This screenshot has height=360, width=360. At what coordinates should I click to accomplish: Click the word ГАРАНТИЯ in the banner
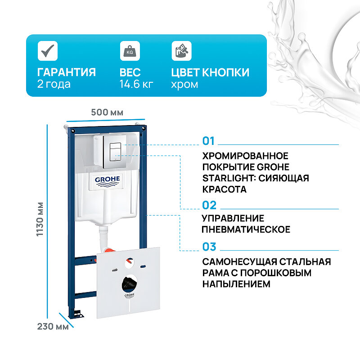click(66, 72)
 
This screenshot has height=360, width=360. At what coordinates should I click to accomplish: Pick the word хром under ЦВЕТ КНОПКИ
click(184, 84)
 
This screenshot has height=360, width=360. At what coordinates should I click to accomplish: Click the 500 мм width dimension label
click(107, 112)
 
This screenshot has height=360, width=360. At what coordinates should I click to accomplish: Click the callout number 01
click(209, 141)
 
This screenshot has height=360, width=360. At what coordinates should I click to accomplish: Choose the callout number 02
click(209, 206)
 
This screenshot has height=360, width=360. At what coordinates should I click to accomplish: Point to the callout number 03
click(209, 247)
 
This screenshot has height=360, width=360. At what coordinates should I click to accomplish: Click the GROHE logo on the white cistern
click(107, 180)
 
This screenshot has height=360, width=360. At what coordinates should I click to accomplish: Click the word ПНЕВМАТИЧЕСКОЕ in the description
click(246, 229)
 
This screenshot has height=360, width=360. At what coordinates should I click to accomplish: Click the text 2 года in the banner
click(54, 84)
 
